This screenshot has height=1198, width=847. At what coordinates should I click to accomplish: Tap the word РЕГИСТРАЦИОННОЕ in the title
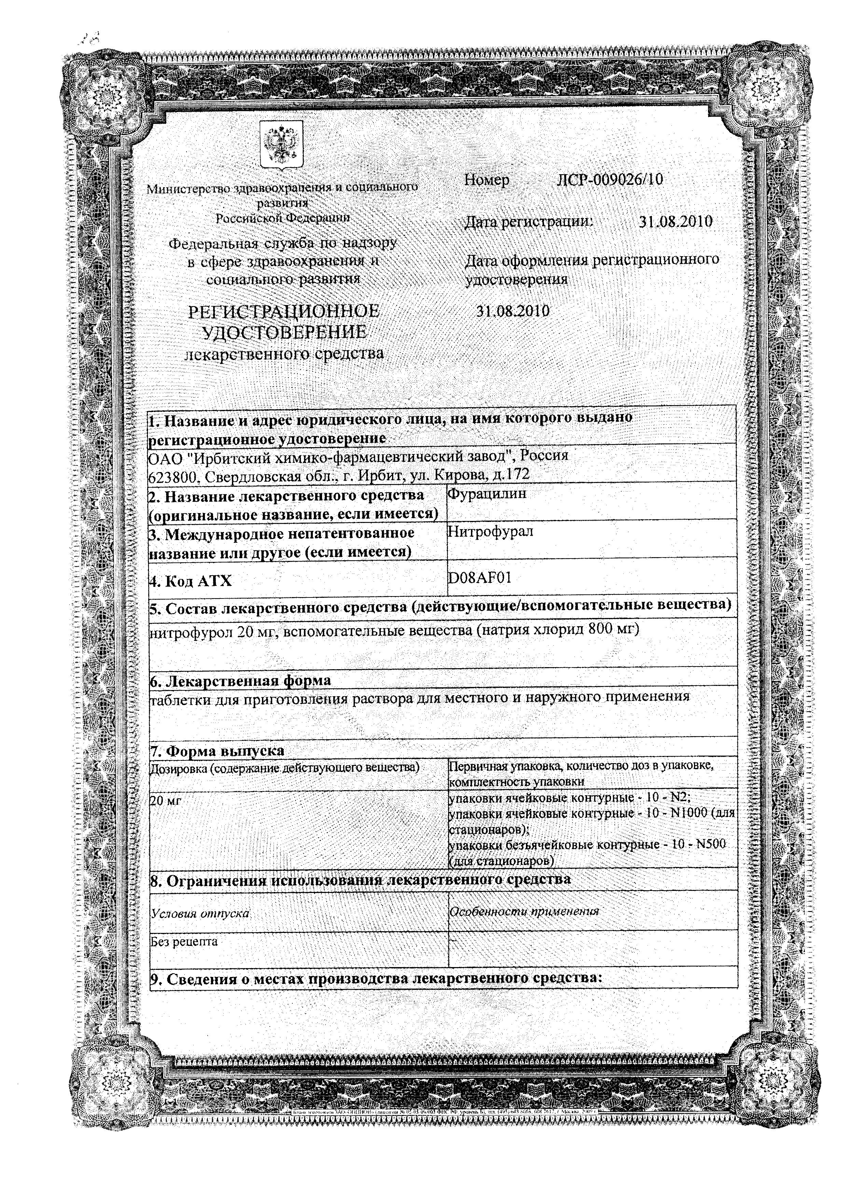[x=284, y=312]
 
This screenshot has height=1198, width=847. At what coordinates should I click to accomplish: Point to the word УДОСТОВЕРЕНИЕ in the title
[x=284, y=332]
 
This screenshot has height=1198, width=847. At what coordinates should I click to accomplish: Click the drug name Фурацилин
[x=487, y=494]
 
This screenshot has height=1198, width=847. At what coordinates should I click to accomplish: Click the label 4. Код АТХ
[x=191, y=581]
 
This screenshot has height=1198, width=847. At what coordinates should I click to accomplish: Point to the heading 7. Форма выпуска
[x=218, y=751]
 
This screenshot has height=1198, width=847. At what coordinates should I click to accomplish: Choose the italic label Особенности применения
[x=524, y=911]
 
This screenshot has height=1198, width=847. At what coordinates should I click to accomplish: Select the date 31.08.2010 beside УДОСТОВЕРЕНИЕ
[x=513, y=312]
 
